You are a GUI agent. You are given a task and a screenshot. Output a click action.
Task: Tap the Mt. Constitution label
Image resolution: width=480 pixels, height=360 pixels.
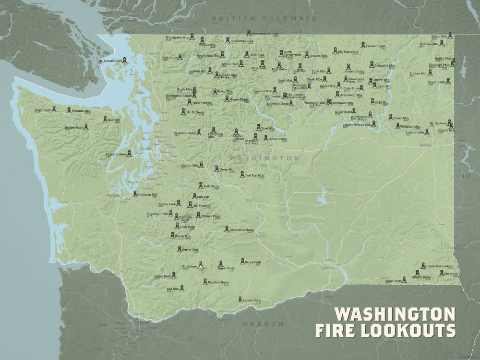pyautogui.click(x=110, y=61)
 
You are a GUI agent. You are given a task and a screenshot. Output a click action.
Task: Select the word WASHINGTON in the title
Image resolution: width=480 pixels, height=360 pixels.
pyautogui.click(x=395, y=314)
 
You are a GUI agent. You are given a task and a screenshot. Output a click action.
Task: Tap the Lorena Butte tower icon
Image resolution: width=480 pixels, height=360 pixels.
pyautogui.click(x=240, y=300)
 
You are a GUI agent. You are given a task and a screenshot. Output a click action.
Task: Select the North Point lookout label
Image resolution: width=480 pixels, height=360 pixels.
pyautogui.click(x=43, y=110)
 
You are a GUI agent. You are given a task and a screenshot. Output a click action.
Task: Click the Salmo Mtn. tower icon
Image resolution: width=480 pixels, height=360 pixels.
pyautogui.click(x=450, y=35)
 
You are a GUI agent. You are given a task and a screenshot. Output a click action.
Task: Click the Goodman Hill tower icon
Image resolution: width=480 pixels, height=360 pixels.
pyautogui.click(x=135, y=194)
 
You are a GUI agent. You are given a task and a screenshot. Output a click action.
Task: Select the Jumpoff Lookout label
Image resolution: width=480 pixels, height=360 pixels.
pyautogui.click(x=241, y=230)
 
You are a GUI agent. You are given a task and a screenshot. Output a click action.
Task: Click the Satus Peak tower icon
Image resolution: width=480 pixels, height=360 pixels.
pyautogui.click(x=241, y=262)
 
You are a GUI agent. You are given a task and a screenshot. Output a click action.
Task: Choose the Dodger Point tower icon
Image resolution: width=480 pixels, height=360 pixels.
pyautogui.click(x=86, y=126)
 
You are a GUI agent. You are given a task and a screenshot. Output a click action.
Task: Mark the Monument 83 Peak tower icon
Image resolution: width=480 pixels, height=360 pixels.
pyautogui.click(x=248, y=33)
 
